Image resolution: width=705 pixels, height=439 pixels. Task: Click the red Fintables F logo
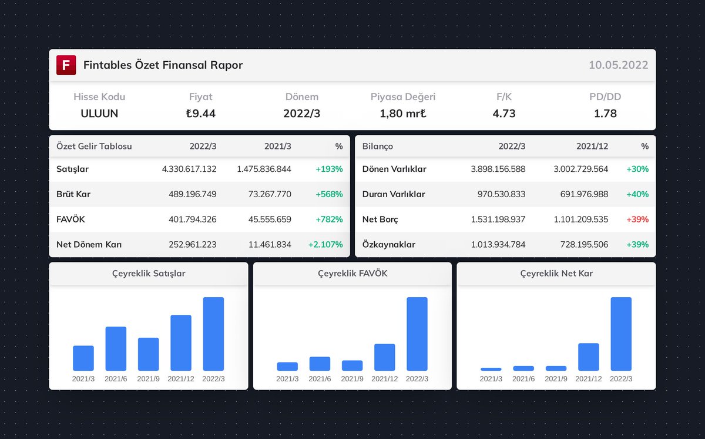click(66, 65)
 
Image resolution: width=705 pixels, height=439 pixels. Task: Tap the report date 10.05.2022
click(618, 65)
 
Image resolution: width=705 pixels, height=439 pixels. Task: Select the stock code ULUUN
click(99, 114)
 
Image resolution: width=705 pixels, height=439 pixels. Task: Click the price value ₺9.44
click(200, 114)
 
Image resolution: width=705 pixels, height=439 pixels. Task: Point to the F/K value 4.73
click(503, 114)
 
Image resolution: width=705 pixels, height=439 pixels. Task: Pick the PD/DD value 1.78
click(605, 114)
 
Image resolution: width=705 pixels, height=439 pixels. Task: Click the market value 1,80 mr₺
click(403, 114)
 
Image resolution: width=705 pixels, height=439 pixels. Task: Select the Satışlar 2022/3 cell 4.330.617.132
click(189, 169)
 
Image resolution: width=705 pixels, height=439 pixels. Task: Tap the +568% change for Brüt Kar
click(329, 194)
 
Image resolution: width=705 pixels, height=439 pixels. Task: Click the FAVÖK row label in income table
click(71, 219)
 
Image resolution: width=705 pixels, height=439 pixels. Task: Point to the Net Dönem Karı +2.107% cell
click(325, 244)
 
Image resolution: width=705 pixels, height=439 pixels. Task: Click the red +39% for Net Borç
click(637, 219)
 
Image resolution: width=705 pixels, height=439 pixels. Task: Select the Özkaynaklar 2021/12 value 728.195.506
click(580, 244)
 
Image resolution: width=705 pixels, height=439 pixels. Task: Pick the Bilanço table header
click(378, 146)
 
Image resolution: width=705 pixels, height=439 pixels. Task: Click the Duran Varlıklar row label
click(394, 194)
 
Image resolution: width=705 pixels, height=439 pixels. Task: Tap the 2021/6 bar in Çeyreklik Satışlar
click(116, 348)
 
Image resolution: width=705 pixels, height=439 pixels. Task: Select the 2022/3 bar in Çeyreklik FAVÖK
click(417, 334)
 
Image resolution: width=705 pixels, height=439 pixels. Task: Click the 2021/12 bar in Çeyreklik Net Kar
click(589, 357)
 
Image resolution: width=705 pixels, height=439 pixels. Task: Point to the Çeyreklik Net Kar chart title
click(556, 274)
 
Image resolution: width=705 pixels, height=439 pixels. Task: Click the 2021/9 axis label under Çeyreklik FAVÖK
click(352, 379)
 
